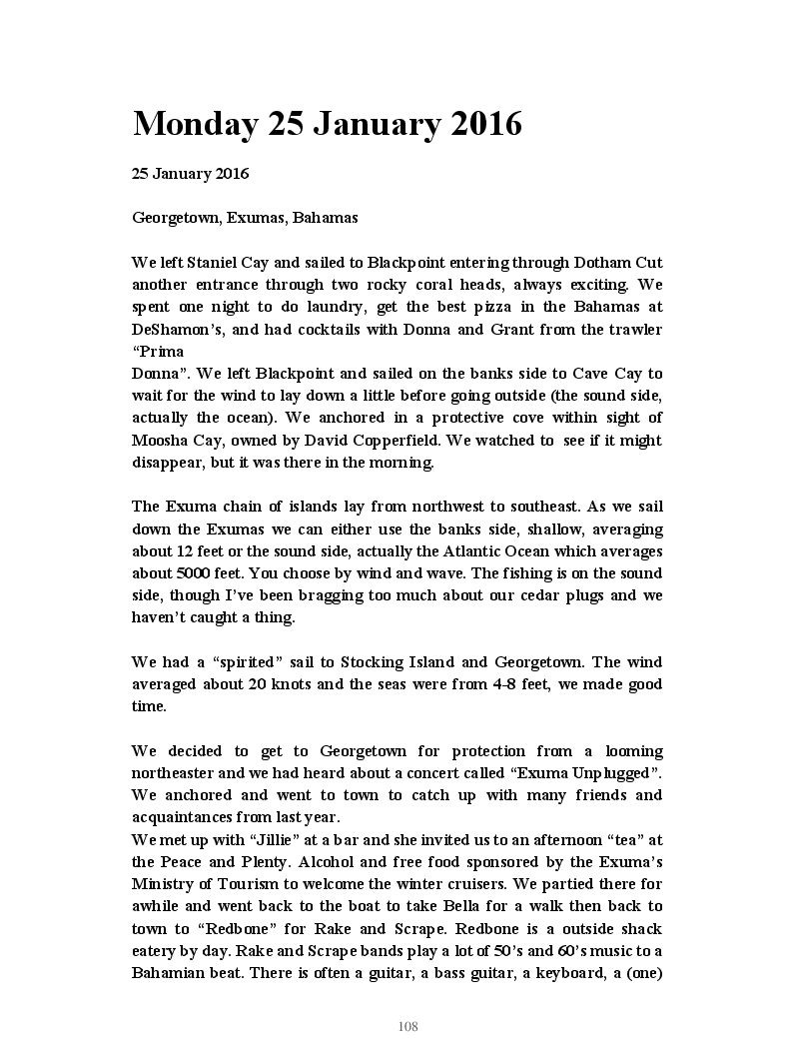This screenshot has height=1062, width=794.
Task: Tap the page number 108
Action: pyautogui.click(x=407, y=1027)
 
